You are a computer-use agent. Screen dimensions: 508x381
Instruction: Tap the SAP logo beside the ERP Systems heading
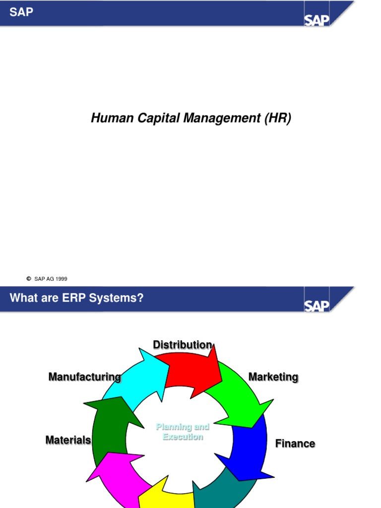317,305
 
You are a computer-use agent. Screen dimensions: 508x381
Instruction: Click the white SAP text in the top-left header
21,12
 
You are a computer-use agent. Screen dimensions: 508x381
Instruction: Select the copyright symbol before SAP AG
29,279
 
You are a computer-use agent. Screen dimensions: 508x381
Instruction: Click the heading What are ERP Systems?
76,298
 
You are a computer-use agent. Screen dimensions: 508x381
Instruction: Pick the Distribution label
182,345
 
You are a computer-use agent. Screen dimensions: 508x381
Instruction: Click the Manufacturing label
84,377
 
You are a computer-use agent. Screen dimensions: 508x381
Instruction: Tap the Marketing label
273,377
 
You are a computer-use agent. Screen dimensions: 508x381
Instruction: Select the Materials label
68,440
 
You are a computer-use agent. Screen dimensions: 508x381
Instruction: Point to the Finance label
295,444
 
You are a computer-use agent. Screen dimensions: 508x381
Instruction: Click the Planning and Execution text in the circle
183,432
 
